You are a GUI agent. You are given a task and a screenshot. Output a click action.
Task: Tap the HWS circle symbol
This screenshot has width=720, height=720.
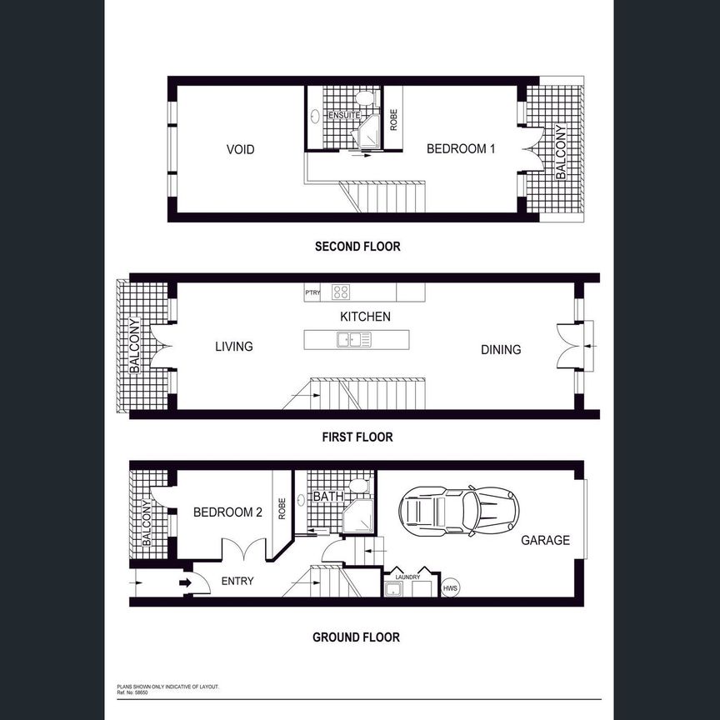click(450, 587)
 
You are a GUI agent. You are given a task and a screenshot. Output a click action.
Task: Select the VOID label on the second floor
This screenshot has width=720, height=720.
click(240, 150)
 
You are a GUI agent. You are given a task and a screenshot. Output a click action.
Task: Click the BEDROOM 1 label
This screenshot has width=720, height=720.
click(461, 149)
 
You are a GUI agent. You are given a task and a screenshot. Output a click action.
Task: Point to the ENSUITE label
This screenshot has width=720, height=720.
click(343, 115)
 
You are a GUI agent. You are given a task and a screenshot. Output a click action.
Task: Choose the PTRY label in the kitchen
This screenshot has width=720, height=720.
click(312, 292)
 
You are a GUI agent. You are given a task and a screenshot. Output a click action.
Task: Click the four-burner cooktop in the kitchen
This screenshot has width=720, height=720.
click(341, 292)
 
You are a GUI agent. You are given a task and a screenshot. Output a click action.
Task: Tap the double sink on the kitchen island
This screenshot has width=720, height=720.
click(353, 339)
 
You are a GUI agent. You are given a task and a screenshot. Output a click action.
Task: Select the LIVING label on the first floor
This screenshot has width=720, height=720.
click(233, 347)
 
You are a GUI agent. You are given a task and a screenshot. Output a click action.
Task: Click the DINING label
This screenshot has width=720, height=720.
click(501, 350)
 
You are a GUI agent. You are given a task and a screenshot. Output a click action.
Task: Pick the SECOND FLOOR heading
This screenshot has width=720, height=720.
click(357, 247)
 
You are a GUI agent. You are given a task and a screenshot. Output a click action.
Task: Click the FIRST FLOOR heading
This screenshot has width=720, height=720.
click(357, 437)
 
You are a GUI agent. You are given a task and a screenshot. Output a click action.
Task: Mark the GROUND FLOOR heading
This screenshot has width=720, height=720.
click(356, 637)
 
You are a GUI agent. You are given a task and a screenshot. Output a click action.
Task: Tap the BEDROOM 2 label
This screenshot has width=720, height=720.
click(227, 513)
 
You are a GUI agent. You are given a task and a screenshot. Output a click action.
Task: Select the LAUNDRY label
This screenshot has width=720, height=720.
click(407, 577)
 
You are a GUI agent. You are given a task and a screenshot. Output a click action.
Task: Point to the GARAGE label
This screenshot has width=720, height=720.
click(545, 540)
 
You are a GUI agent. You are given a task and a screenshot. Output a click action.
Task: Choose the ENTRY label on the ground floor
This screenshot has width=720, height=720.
click(237, 581)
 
